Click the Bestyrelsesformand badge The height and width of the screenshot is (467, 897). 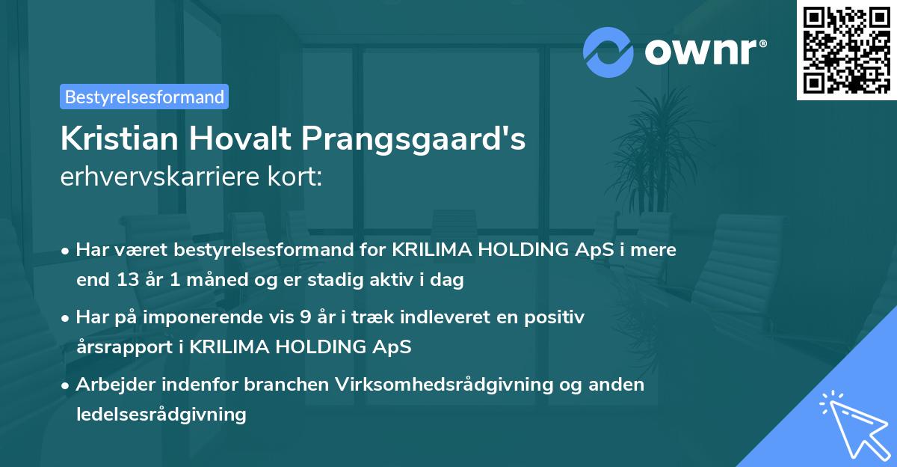click(x=144, y=97)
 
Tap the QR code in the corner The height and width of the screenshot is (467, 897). click(x=846, y=49)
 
